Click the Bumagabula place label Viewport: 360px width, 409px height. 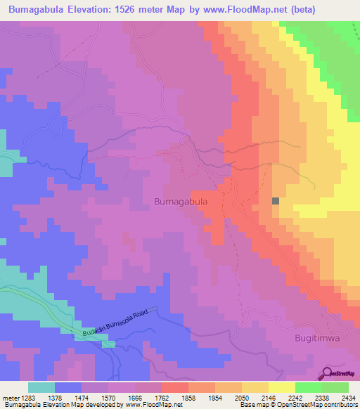click(x=180, y=202)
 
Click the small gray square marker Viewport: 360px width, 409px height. click(x=276, y=200)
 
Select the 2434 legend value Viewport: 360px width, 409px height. click(x=349, y=398)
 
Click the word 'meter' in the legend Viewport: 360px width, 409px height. click(x=8, y=398)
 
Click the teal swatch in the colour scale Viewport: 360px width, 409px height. click(x=41, y=387)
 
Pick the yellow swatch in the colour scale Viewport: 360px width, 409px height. click(x=281, y=387)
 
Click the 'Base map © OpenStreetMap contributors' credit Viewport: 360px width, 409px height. click(x=298, y=405)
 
